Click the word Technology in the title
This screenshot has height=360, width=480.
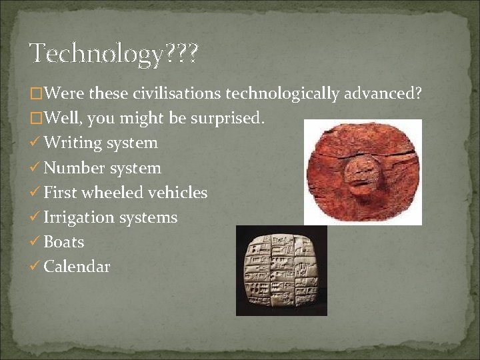pyautogui.click(x=97, y=54)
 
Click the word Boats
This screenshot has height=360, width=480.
pyautogui.click(x=63, y=242)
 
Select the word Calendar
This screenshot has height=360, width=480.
pyautogui.click(x=77, y=267)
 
